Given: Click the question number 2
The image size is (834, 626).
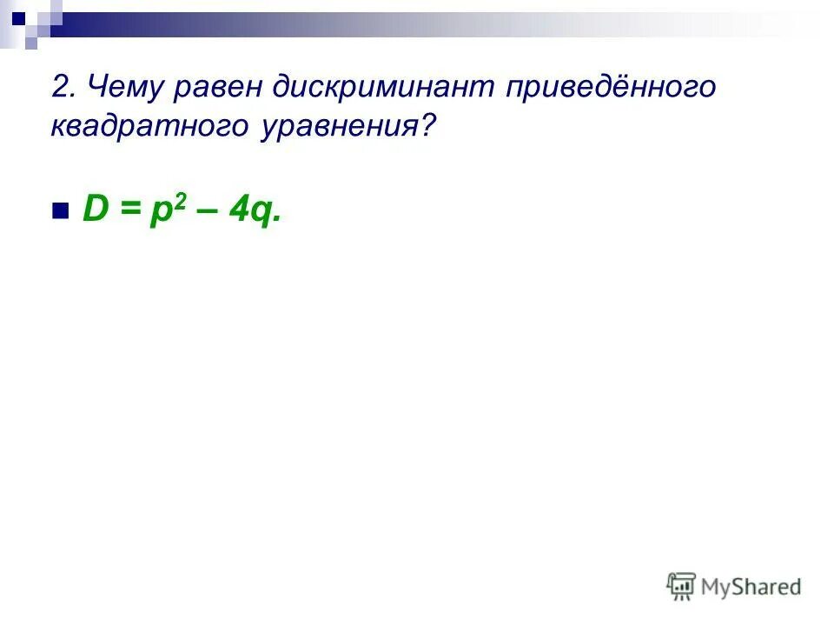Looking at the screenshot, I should tap(59, 88).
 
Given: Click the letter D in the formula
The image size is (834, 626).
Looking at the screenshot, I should tap(93, 209).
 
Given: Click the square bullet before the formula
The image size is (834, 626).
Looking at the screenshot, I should tap(60, 211).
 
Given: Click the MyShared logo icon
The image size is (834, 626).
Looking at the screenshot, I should tap(681, 587).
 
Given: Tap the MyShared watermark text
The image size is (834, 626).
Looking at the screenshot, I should tap(751, 588).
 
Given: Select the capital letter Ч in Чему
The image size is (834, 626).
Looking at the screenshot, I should tap(98, 88).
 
